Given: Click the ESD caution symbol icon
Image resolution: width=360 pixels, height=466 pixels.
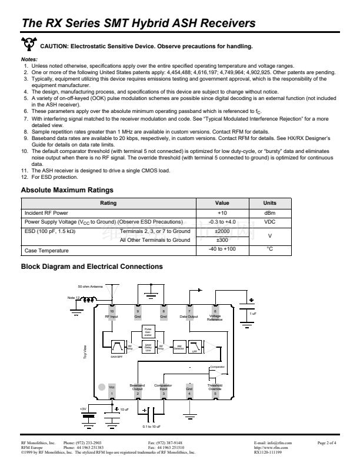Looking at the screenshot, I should click(x=27, y=45).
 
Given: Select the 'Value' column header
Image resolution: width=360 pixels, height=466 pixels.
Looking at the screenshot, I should click(x=222, y=203).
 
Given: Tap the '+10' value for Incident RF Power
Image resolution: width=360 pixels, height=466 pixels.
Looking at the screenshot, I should click(x=222, y=212).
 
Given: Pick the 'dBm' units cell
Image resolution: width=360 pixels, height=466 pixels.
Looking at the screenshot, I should click(x=270, y=212).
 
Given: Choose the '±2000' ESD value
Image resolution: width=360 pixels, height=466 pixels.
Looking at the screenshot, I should click(x=222, y=231).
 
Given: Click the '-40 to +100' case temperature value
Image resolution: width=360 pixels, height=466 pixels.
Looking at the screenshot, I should click(x=222, y=250).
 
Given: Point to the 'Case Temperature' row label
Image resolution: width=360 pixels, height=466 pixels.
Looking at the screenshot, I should click(x=46, y=251).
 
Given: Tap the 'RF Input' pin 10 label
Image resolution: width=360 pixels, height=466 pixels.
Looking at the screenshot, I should click(x=112, y=316).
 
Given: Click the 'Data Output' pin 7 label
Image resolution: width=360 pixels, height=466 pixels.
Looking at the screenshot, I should click(x=189, y=316).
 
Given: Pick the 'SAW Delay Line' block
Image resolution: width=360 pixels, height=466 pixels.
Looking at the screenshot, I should click(x=148, y=347).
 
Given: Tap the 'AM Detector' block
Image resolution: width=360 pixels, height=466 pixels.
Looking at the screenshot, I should click(x=179, y=347).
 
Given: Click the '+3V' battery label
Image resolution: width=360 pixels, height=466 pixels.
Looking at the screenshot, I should click(x=83, y=408).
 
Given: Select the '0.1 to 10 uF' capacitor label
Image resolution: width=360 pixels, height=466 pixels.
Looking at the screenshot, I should click(x=146, y=425).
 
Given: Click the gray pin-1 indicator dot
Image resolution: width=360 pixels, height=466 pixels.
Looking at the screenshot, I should click(x=101, y=387).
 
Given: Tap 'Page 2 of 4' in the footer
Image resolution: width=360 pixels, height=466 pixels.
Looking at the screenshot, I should click(x=326, y=442).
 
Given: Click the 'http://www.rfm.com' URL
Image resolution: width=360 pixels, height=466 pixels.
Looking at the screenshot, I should click(x=271, y=447).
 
